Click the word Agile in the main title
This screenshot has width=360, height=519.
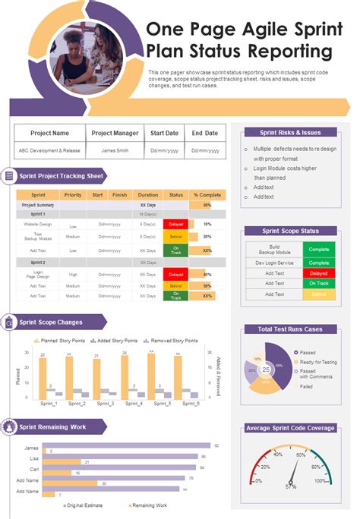(x=229, y=30)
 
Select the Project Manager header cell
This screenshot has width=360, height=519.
(x=115, y=133)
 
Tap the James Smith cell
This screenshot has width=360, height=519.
(x=115, y=150)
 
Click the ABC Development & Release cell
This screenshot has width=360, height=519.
(x=49, y=150)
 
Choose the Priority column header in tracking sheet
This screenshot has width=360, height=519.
(x=73, y=195)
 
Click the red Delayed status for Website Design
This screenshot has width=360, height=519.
(x=175, y=225)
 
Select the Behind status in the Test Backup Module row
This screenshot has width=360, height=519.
(x=175, y=237)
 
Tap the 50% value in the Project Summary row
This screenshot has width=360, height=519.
(x=207, y=205)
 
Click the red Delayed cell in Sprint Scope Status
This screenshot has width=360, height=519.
(x=318, y=272)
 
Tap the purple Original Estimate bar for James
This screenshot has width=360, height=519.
(x=126, y=446)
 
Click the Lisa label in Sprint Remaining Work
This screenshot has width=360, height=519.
(x=34, y=458)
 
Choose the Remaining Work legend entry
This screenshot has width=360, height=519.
(x=149, y=505)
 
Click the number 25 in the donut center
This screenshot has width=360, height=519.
(x=266, y=370)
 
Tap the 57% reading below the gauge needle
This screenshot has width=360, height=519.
(x=290, y=487)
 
